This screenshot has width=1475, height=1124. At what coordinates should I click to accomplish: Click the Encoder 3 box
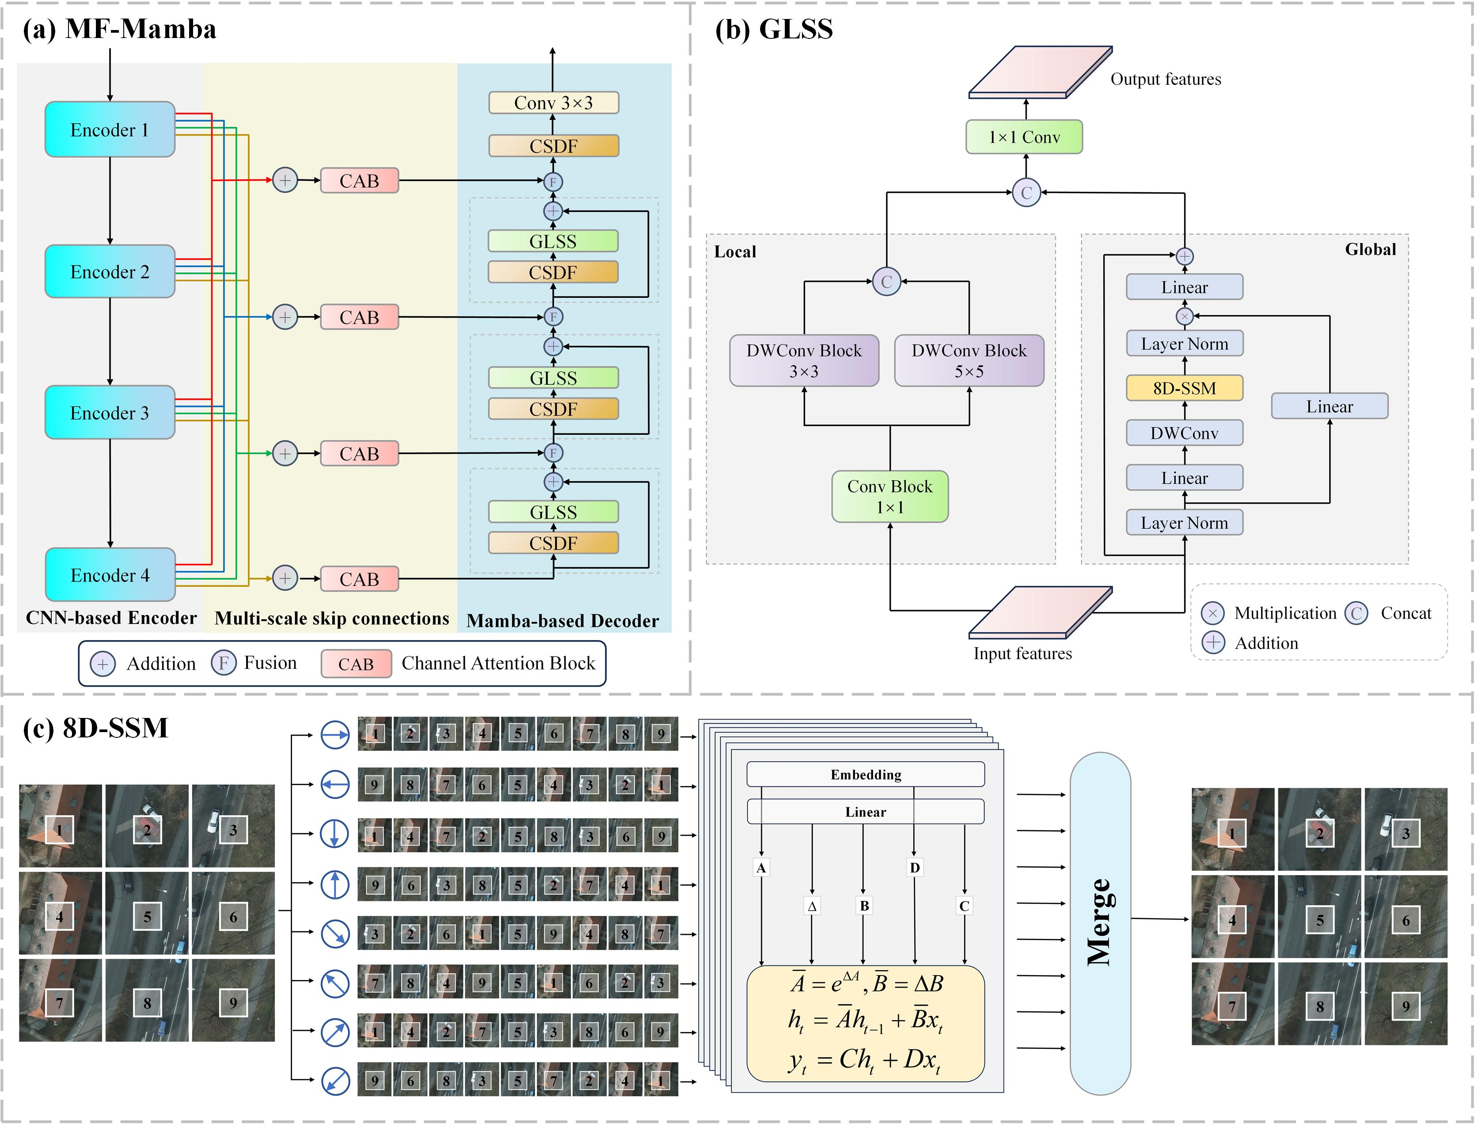(x=110, y=412)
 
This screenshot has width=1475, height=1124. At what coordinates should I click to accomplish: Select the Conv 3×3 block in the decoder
(x=554, y=103)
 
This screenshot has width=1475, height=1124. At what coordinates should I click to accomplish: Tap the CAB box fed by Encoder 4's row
(x=359, y=579)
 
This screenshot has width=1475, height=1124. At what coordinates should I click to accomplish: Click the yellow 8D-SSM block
(x=1185, y=388)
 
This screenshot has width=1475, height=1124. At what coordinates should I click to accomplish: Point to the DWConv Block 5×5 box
(x=969, y=361)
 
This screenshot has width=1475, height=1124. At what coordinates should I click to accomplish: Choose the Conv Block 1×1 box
(x=890, y=497)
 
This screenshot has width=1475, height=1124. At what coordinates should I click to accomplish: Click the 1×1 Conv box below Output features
(x=1024, y=137)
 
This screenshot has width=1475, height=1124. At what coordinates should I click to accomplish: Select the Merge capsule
(x=1100, y=923)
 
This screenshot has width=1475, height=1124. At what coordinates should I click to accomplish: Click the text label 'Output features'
(x=1166, y=79)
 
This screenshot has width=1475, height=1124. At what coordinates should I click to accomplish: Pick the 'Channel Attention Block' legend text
(x=498, y=663)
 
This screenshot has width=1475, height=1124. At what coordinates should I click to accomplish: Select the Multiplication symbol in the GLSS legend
(x=1213, y=613)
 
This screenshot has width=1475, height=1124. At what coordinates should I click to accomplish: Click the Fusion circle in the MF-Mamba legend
(x=224, y=663)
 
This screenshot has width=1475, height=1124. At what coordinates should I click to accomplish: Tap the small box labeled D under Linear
(x=915, y=868)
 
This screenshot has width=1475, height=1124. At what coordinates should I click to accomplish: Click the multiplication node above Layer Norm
(x=1185, y=316)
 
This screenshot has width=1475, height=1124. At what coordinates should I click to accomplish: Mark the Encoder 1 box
(x=110, y=129)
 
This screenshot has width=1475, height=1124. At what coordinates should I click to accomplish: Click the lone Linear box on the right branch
(x=1330, y=406)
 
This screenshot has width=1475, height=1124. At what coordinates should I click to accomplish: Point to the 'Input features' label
(x=1023, y=653)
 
